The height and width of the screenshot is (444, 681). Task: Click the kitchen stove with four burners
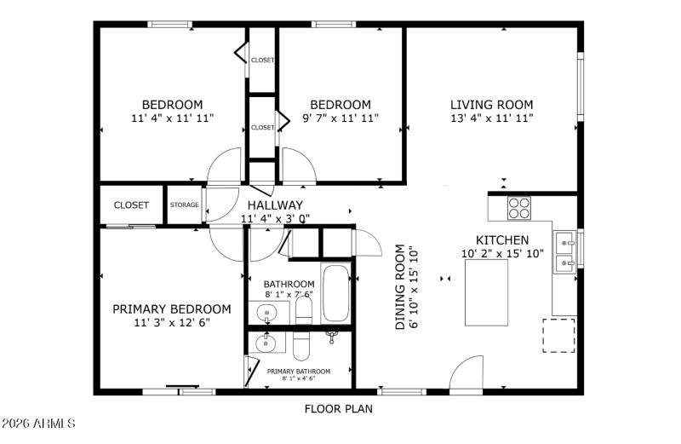pos(518,208)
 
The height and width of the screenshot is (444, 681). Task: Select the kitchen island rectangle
pos(485,290)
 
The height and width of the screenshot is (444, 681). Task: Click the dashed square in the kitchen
pos(559,336)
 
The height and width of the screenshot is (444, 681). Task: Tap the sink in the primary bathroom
pos(267,343)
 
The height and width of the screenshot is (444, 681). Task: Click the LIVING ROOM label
pos(491,105)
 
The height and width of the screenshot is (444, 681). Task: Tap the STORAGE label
pos(184,205)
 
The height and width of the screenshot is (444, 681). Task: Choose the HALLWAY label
pos(275,205)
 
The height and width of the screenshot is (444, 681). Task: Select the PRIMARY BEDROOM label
pos(171,308)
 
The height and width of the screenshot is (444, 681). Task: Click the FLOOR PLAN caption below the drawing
pos(339,409)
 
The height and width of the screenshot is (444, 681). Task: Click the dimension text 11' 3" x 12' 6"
pos(171,323)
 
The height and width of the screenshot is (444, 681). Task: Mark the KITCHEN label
pos(501,240)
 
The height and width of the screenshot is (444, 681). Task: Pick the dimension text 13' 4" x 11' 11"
pos(491,118)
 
